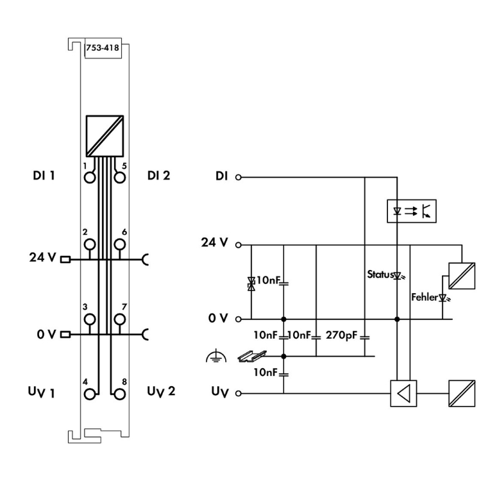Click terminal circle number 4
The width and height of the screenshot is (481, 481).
89,392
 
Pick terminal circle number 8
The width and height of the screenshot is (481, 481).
119,392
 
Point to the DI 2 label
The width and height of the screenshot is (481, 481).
158,175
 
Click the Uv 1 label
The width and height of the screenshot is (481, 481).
43,392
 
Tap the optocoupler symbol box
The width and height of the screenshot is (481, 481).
412,210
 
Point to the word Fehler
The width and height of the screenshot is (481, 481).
424,298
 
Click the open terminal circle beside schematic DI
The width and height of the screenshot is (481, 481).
239,176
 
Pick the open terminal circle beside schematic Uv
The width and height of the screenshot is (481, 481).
239,392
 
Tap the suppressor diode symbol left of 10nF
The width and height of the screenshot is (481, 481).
251,284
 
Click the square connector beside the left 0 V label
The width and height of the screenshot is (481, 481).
64,334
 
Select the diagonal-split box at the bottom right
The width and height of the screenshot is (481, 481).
462,392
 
